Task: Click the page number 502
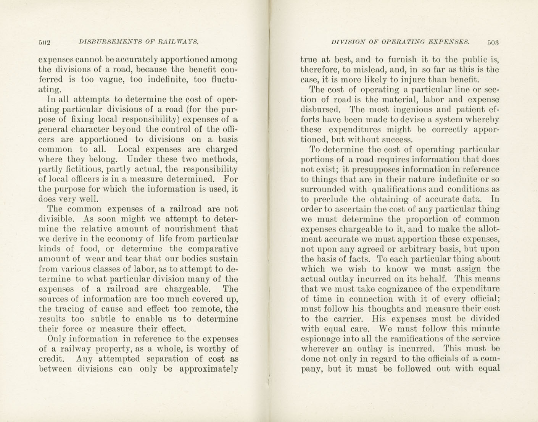point(45,42)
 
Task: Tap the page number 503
point(493,42)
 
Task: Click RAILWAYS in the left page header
point(180,42)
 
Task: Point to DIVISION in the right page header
point(346,42)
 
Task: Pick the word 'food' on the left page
point(88,249)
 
